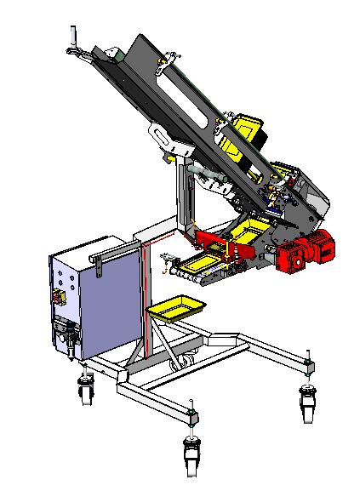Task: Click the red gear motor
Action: point(307,252)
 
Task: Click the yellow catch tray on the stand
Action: point(176,307)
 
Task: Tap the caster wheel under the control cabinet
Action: point(85,392)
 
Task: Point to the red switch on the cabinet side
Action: point(59,297)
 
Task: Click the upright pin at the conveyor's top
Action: point(73,36)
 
